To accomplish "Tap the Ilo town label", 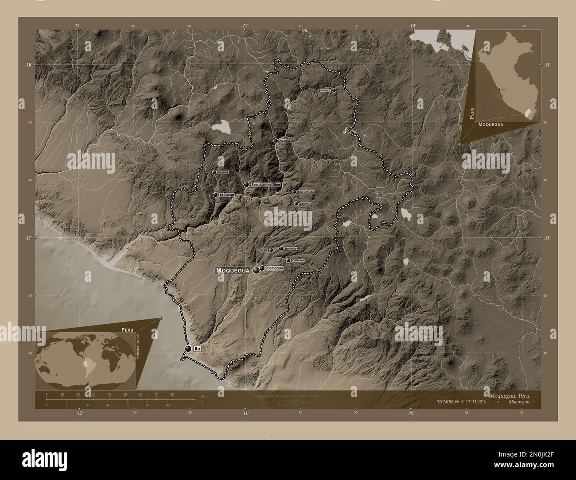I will click(198, 349).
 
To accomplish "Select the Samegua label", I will click(274, 268).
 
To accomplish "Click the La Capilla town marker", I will click(215, 195).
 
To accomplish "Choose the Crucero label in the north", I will click(325, 90).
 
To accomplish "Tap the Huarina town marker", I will click(276, 141).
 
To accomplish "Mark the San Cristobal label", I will click(306, 192).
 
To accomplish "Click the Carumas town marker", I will click(296, 204).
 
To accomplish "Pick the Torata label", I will click(264, 250).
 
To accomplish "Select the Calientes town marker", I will click(288, 260).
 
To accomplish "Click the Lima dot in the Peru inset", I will click(499, 89).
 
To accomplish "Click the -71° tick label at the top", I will click(245, 26).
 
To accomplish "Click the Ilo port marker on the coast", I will click(189, 349).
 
